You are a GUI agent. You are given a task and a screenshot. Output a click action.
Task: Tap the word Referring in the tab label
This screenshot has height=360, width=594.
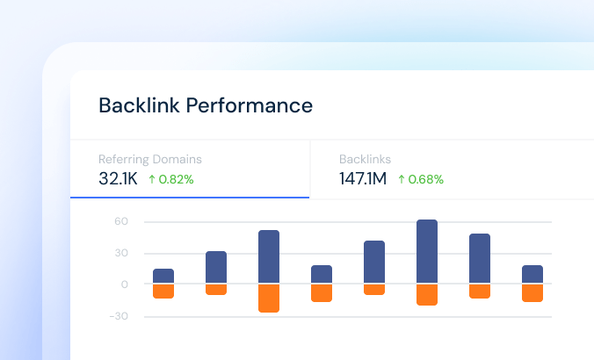(124, 160)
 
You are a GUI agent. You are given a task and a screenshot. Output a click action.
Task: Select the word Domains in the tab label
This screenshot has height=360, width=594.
(177, 160)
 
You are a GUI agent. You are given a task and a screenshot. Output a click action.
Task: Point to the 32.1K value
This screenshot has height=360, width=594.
(117, 179)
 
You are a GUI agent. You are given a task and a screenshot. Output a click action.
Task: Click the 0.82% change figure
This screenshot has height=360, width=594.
(176, 179)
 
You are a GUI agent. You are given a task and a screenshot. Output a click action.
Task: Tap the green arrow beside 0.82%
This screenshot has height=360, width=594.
(151, 179)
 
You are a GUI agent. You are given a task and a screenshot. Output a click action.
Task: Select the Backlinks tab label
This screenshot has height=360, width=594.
(365, 160)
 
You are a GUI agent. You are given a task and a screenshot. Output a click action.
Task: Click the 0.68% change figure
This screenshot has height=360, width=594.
(426, 179)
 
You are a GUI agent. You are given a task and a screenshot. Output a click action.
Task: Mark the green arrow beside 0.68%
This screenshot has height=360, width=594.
(402, 179)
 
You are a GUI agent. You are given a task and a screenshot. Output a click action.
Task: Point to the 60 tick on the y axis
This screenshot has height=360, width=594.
(121, 222)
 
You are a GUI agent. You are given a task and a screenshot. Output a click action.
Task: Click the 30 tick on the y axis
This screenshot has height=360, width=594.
(121, 253)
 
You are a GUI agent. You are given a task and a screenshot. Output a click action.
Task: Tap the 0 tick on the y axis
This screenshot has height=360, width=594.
(125, 284)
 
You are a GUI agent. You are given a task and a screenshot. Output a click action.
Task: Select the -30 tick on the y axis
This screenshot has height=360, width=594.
(119, 316)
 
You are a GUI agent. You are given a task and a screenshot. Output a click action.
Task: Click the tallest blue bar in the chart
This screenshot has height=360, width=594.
(427, 251)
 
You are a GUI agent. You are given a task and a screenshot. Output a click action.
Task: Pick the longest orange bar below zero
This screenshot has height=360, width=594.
(269, 299)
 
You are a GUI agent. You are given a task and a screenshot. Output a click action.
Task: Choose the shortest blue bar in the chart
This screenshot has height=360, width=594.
(163, 276)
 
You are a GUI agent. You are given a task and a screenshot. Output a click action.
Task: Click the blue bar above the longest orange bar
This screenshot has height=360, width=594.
(269, 256)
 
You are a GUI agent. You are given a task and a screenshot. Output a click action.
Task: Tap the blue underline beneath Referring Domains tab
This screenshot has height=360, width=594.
(190, 198)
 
